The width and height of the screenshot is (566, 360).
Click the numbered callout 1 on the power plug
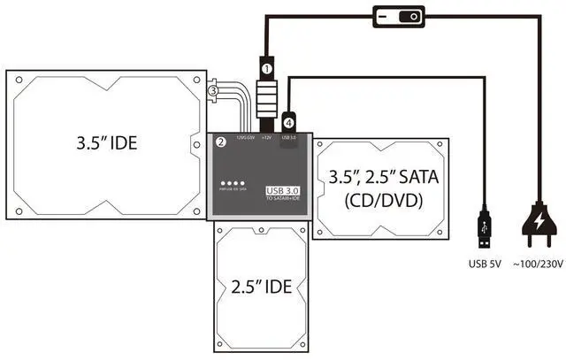click(264, 67)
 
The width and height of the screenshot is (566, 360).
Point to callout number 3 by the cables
click(212, 90)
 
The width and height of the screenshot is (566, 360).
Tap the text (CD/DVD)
click(382, 201)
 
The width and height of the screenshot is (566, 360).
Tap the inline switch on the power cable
click(399, 16)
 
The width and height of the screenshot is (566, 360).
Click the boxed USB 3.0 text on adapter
click(285, 189)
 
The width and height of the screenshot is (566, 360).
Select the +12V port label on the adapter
click(266, 138)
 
